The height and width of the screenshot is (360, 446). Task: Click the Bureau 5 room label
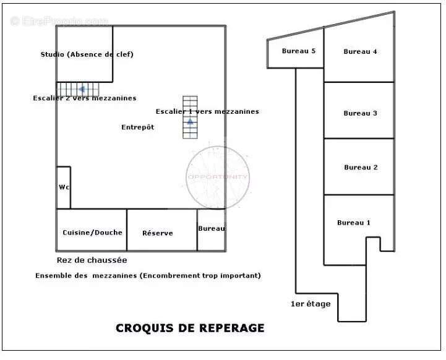point(299,51)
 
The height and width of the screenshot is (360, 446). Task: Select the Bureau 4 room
point(360,51)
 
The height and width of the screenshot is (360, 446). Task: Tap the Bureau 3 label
point(360,113)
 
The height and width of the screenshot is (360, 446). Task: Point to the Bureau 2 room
point(361,167)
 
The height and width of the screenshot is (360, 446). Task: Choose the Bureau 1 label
point(354,223)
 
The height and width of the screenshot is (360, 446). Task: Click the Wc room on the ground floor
point(64,187)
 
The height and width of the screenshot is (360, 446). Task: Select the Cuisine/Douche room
point(92,232)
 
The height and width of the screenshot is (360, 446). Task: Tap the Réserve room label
point(158,233)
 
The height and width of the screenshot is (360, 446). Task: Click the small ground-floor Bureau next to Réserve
point(211,229)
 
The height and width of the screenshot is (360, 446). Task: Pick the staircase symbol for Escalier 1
point(190,117)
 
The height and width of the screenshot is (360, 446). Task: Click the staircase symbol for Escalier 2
point(79,90)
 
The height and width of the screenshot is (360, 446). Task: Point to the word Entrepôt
point(137,127)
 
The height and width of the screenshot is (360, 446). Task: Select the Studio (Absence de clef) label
point(87,54)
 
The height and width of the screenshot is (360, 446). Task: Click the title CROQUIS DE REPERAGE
point(190,328)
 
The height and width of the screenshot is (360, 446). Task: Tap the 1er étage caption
point(311,304)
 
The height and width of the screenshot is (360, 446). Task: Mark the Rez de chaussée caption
point(92,260)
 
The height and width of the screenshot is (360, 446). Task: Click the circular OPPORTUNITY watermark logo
point(218,177)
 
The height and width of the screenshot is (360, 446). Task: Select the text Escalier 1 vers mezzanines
point(207,111)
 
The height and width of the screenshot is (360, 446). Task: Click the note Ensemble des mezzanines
point(148,275)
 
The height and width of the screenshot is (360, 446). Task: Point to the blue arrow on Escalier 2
point(81,89)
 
